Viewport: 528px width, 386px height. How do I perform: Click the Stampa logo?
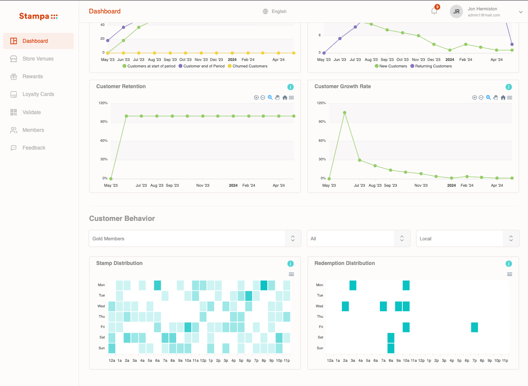click(x=38, y=16)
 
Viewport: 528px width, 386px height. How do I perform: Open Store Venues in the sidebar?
click(x=38, y=59)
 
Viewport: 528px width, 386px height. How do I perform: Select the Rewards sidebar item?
click(x=33, y=77)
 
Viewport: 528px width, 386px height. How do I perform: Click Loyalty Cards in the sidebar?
click(x=38, y=94)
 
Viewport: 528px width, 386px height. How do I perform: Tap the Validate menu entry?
click(x=32, y=112)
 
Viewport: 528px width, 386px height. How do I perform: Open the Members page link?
click(x=33, y=130)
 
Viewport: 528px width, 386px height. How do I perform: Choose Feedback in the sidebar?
click(x=34, y=148)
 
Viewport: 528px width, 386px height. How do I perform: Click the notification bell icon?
click(x=434, y=11)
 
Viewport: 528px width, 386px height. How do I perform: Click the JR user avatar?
click(x=456, y=12)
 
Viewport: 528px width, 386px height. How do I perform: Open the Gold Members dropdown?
click(x=195, y=239)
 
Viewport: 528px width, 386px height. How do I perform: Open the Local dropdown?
click(x=468, y=239)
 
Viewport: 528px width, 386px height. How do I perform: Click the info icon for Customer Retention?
click(x=291, y=87)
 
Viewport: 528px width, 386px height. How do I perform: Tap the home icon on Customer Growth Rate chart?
click(x=503, y=98)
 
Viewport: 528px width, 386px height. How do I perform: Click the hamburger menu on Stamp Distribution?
click(x=291, y=274)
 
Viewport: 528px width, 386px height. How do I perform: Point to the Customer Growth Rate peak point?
click(x=345, y=113)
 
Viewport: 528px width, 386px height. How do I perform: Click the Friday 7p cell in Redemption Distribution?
click(x=474, y=327)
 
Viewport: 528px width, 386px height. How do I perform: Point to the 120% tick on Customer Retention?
click(x=103, y=103)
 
